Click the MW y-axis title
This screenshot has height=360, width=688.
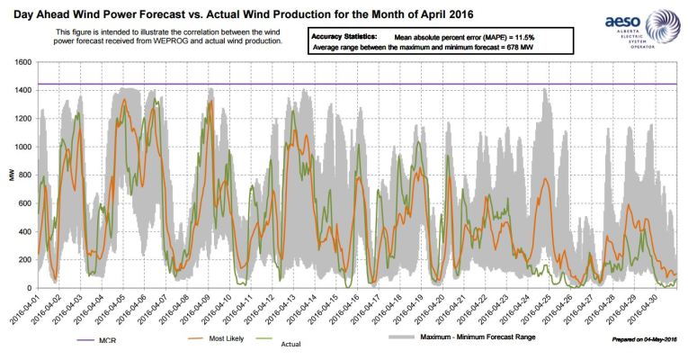pos(12,175)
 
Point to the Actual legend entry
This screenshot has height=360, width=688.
pos(289,343)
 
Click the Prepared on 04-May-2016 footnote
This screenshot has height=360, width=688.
pos(643,338)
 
